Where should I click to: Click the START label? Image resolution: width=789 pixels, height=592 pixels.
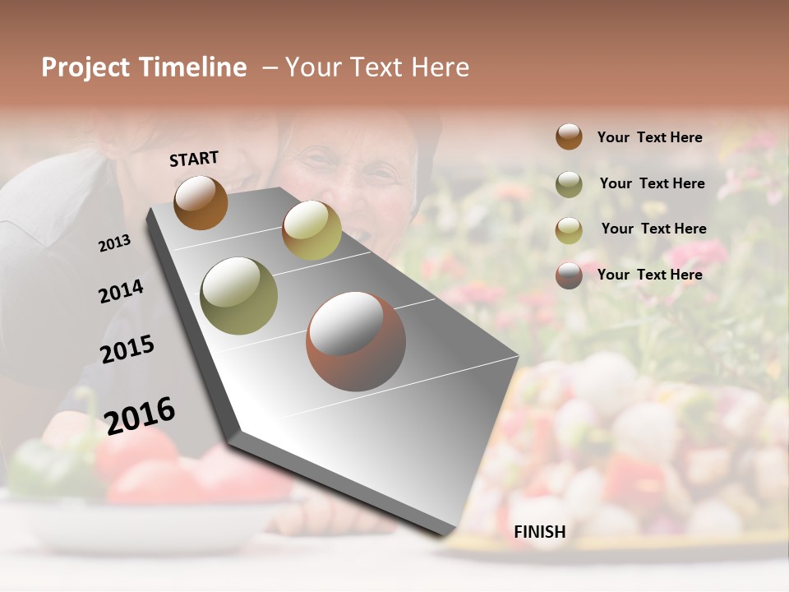click(x=194, y=159)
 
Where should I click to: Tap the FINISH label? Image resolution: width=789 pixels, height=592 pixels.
click(x=540, y=532)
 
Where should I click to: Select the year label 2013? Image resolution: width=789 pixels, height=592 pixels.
click(x=115, y=243)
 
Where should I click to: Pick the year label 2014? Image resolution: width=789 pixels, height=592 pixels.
click(x=121, y=291)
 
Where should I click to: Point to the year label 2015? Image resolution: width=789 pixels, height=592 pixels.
click(x=127, y=349)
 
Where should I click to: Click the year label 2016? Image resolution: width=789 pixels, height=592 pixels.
click(x=140, y=415)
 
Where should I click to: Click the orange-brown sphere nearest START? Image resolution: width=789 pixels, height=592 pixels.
click(x=201, y=202)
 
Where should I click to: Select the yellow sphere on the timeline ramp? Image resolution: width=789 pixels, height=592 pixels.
click(x=311, y=230)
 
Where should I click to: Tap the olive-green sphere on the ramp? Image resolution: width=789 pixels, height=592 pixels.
click(x=238, y=296)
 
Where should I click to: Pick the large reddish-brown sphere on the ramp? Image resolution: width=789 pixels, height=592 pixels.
click(x=356, y=341)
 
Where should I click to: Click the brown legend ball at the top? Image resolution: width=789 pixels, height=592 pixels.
click(x=569, y=136)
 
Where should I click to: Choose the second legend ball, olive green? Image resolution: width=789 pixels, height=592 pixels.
click(x=569, y=184)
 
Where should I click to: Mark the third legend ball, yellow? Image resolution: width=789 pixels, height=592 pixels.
click(x=569, y=229)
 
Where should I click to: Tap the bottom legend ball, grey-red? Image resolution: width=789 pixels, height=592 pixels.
click(x=569, y=275)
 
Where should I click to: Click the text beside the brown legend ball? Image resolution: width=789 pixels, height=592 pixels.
click(x=649, y=137)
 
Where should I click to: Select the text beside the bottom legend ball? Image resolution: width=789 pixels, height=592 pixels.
click(x=649, y=275)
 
